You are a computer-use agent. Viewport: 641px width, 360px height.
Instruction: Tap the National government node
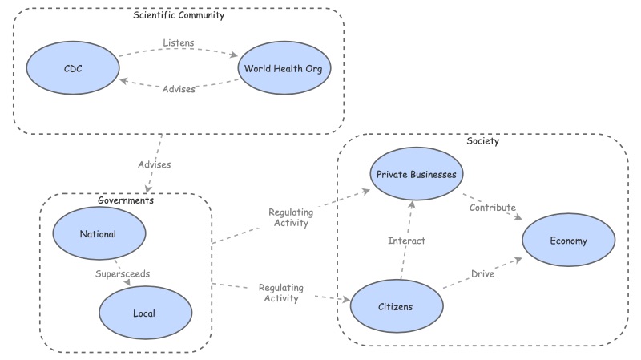pyautogui.click(x=99, y=234)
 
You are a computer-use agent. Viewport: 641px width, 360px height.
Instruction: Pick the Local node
pyautogui.click(x=145, y=312)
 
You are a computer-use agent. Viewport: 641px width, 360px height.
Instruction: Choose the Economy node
pyautogui.click(x=569, y=241)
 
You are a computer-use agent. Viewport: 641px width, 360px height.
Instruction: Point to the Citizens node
pyautogui.click(x=397, y=305)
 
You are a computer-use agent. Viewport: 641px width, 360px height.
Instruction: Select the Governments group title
pyautogui.click(x=124, y=200)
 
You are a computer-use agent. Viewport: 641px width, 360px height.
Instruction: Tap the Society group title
pyautogui.click(x=483, y=141)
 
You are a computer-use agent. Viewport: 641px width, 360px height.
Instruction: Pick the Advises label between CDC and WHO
pyautogui.click(x=178, y=89)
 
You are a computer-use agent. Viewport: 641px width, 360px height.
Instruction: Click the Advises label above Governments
pyautogui.click(x=153, y=164)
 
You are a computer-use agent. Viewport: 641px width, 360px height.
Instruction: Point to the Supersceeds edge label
pyautogui.click(x=123, y=273)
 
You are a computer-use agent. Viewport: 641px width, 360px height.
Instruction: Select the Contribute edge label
pyautogui.click(x=492, y=207)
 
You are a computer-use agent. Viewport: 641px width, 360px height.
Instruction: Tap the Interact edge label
pyautogui.click(x=406, y=241)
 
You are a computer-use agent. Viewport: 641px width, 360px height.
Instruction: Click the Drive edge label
pyautogui.click(x=482, y=273)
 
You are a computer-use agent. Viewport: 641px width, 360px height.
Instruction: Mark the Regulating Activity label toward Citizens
pyautogui.click(x=280, y=293)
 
